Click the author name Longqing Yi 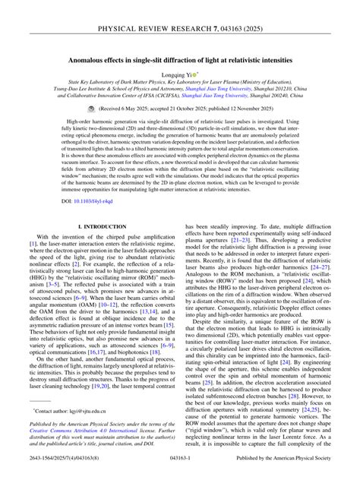pos(175,77)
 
